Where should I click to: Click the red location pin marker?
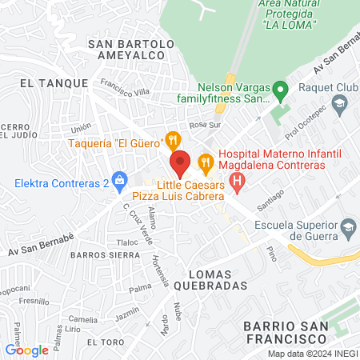click(x=181, y=162)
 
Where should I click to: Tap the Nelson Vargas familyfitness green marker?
click(x=279, y=89)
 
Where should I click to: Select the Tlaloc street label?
click(x=127, y=242)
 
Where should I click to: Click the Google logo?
click(x=27, y=350)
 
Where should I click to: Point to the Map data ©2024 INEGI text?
click(x=312, y=354)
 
